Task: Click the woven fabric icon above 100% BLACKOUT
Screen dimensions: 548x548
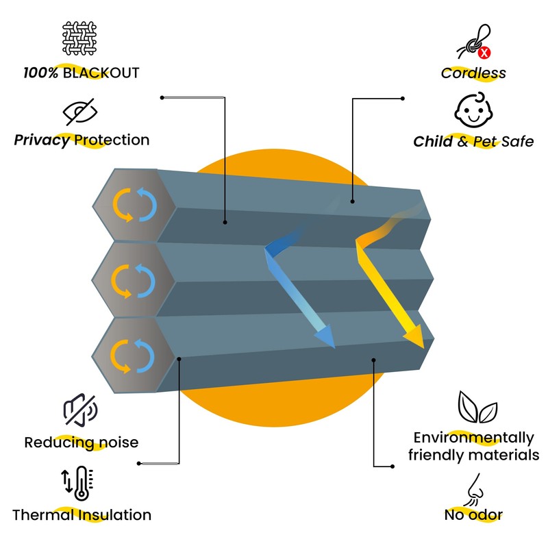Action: (x=80, y=40)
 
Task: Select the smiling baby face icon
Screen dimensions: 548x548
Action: (x=474, y=110)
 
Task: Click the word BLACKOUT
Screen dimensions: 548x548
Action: (x=101, y=73)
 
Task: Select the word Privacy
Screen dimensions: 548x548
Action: (x=42, y=140)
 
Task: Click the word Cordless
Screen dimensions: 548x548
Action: (x=473, y=73)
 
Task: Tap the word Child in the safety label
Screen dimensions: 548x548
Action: (x=433, y=142)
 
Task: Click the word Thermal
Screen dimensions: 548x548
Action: (x=43, y=514)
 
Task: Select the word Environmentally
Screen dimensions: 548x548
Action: (x=473, y=438)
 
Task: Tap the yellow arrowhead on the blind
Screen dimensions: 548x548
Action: (x=414, y=337)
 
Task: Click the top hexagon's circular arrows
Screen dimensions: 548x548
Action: (x=135, y=203)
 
